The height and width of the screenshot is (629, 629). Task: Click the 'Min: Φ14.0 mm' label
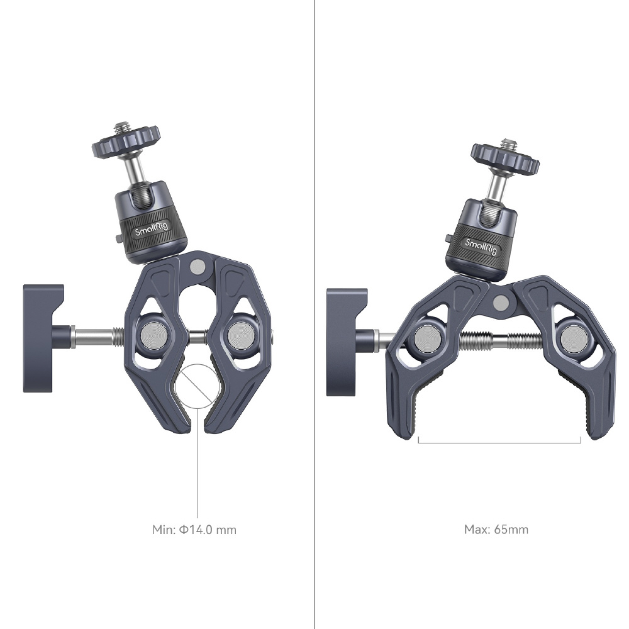pos(194,530)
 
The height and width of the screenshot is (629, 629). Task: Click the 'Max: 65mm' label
pos(496,530)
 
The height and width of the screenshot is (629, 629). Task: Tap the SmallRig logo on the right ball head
pos(481,247)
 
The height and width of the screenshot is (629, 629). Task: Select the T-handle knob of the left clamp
pos(43,338)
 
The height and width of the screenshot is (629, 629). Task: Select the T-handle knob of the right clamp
pos(347,342)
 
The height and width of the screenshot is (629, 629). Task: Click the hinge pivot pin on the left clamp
pos(197,266)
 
